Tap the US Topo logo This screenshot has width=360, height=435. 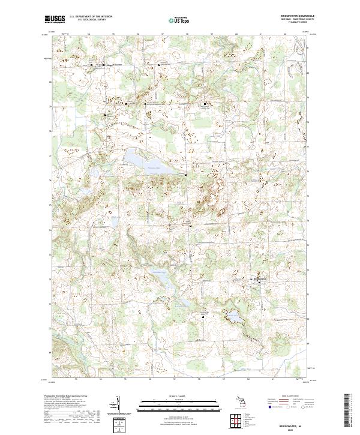click(179, 20)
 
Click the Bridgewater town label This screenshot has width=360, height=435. click(257, 279)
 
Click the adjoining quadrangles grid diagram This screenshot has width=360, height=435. click(238, 419)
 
